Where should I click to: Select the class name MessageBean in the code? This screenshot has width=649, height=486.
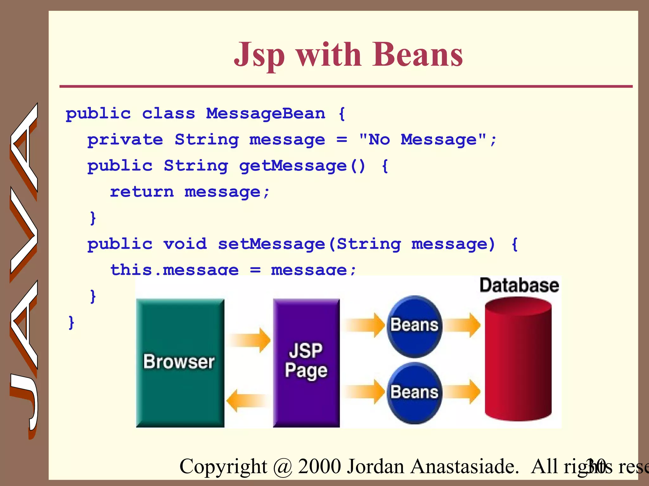point(266,113)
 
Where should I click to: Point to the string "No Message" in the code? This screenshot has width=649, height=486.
point(422,139)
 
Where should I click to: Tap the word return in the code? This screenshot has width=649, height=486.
point(142,192)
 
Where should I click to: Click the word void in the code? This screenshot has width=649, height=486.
point(185,244)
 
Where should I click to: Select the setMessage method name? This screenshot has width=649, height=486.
point(271,244)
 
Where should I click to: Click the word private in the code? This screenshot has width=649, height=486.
point(125,140)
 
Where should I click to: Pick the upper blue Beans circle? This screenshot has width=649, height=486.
point(414,326)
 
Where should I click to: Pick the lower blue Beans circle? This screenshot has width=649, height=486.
point(414,393)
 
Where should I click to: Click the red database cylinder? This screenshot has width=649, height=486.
point(518,361)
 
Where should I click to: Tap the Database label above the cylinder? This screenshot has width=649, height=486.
point(519,285)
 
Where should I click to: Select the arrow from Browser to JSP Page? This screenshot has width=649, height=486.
point(249,340)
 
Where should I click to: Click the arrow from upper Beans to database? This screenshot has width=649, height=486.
point(462,325)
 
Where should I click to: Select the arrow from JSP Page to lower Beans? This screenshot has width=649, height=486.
point(364,392)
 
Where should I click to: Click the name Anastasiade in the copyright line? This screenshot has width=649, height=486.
point(464,466)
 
